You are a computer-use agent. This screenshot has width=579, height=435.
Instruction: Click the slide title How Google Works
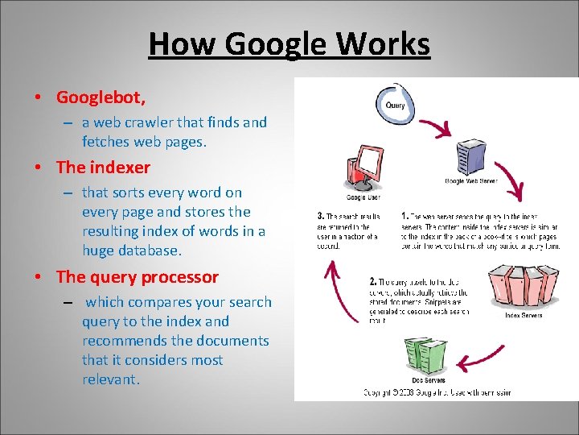point(289,43)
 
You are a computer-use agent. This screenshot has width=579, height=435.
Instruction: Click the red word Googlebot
point(100,97)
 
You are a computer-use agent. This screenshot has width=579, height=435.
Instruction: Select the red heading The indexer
point(103,168)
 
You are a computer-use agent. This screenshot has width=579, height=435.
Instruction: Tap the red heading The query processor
point(137,277)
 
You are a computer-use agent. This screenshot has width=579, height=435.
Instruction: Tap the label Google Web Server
point(471,181)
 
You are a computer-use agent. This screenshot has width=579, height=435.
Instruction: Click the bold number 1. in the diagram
point(404,217)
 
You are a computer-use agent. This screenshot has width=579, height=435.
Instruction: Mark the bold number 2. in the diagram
point(373,282)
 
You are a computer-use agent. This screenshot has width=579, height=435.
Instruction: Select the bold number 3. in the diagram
point(321,217)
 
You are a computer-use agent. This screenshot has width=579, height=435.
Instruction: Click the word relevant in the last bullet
point(110,379)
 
